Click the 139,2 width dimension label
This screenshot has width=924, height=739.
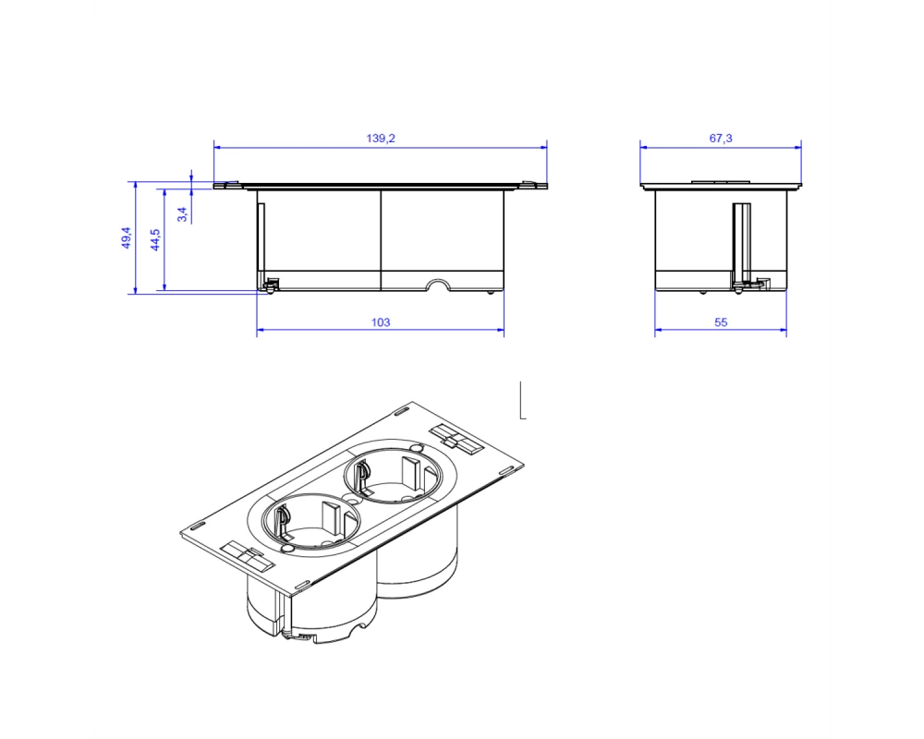click(x=381, y=139)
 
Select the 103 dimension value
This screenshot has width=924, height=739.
click(x=381, y=322)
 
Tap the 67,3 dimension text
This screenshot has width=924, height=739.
click(x=721, y=139)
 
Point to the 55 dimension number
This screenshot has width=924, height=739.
click(x=721, y=322)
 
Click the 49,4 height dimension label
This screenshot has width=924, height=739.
click(x=127, y=237)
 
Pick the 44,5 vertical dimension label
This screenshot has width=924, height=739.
click(x=155, y=240)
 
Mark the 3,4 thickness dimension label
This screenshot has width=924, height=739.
click(x=183, y=214)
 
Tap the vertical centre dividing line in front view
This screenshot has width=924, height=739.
click(x=382, y=240)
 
